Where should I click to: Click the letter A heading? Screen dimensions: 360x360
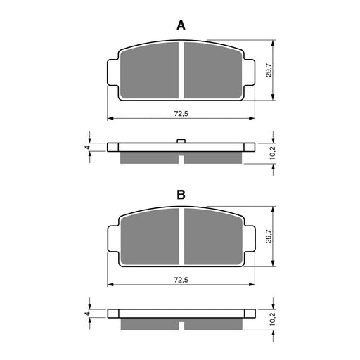click(x=180, y=25)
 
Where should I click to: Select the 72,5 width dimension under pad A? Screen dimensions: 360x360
click(x=181, y=113)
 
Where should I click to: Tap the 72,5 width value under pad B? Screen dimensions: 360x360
click(x=181, y=280)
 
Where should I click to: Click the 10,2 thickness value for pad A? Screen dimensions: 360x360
click(x=273, y=153)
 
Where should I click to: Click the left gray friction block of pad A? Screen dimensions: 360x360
click(x=149, y=71)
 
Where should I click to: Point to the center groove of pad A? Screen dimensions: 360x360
click(x=181, y=71)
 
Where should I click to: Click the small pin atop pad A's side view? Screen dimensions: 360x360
click(x=181, y=141)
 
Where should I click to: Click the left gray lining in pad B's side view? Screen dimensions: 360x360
click(x=149, y=324)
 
